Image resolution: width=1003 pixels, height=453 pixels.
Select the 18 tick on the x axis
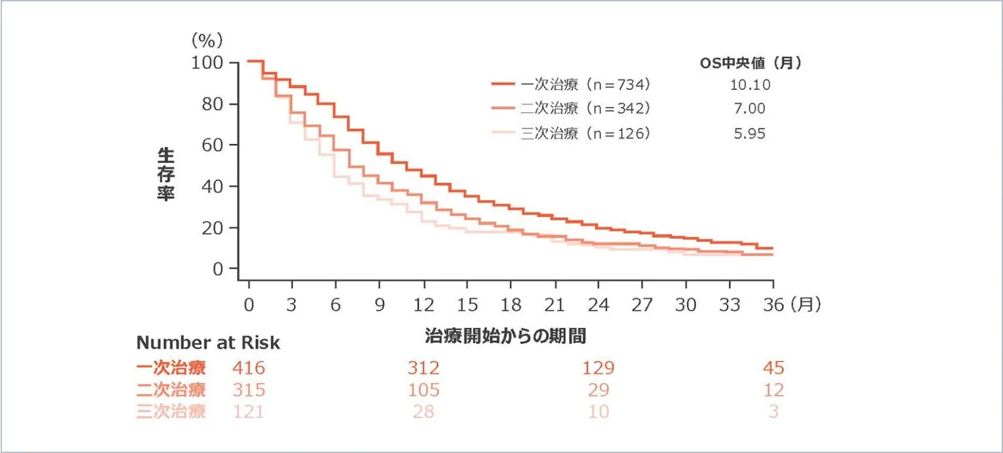click(511, 305)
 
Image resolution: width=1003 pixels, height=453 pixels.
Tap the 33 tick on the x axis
click(730, 305)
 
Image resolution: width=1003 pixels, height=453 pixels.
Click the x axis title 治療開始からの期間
click(506, 335)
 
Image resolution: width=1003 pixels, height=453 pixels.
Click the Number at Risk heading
click(208, 343)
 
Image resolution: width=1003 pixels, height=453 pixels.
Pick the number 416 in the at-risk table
click(249, 367)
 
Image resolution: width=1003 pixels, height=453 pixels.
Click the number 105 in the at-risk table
click(424, 389)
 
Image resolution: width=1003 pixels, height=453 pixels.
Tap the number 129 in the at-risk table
click(598, 367)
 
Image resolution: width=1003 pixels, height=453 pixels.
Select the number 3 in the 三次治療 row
click(773, 411)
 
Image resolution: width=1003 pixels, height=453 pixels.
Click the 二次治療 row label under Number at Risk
click(171, 389)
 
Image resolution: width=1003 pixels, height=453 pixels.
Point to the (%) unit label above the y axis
click(206, 40)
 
